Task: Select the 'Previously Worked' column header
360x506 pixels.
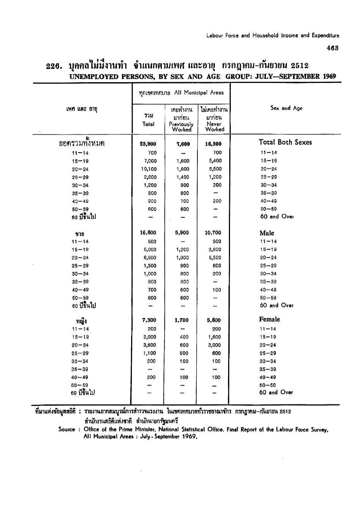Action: coord(182,126)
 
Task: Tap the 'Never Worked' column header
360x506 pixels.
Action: coord(214,126)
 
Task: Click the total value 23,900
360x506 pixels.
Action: coord(148,144)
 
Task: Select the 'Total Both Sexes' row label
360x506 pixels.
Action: coord(285,142)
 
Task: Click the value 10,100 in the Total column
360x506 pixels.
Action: coord(149,169)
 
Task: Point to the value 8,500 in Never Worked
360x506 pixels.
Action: coord(214,169)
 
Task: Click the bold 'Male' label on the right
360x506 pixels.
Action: coord(267,233)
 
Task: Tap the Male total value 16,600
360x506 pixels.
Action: coord(148,233)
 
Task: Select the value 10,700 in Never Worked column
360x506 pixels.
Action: coord(213,233)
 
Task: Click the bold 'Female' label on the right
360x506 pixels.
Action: coord(269,319)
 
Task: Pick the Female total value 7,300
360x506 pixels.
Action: coord(149,320)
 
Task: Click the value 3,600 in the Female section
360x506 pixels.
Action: coord(149,345)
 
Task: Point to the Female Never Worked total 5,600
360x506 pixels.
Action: coord(214,320)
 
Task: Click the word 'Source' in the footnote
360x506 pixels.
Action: coord(66,429)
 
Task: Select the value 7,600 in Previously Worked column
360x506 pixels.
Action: coord(183,144)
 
